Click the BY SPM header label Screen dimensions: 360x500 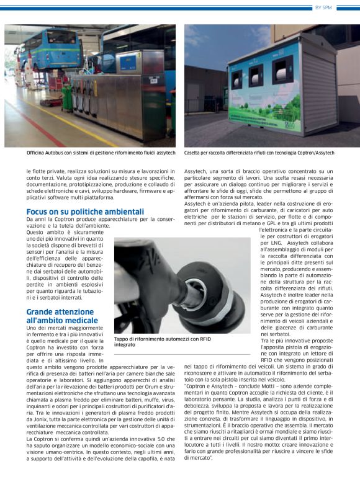(341, 7)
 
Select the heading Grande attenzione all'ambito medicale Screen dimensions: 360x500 (62, 316)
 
